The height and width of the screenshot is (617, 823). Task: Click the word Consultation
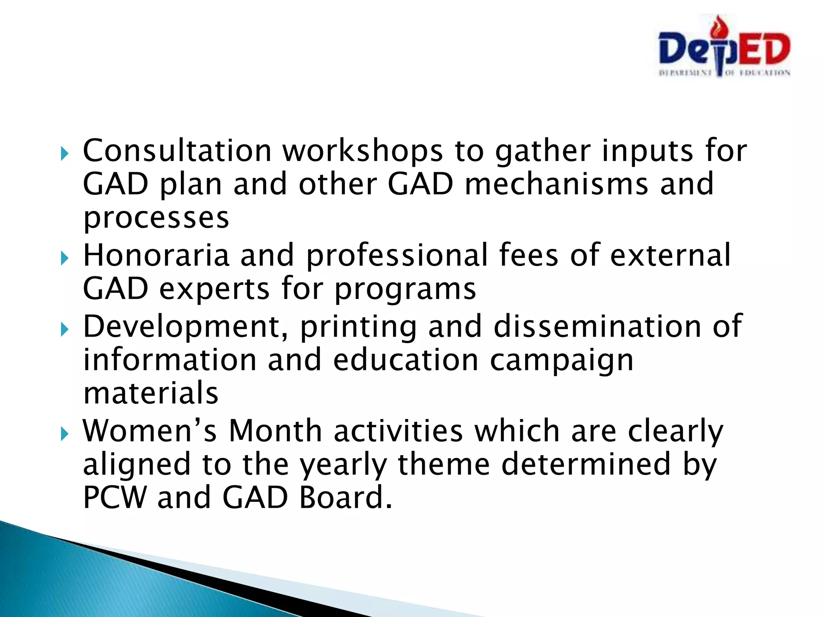177,151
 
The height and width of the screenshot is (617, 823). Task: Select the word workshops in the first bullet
362,151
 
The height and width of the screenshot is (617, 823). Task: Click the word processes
156,218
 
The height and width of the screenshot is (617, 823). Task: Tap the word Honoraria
156,255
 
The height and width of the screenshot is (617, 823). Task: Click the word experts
214,289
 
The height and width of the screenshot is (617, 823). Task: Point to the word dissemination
597,326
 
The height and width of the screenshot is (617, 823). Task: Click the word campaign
561,360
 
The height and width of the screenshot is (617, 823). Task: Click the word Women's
149,431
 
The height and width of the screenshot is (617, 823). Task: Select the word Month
275,431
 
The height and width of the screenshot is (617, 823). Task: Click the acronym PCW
115,498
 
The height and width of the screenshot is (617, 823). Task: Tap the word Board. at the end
346,498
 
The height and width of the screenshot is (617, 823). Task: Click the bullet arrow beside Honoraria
65,258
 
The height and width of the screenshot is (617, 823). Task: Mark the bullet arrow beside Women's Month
65,433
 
